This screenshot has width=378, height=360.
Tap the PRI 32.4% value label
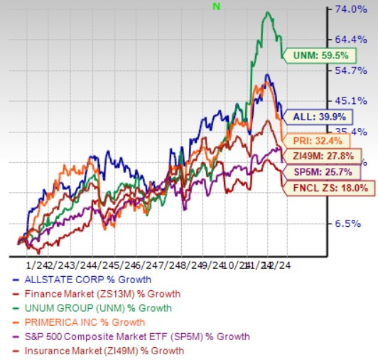point(306,139)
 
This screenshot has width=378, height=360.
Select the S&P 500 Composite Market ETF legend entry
point(124,337)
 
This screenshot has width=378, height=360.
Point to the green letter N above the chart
point(217,6)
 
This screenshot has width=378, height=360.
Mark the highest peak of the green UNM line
point(266,12)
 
